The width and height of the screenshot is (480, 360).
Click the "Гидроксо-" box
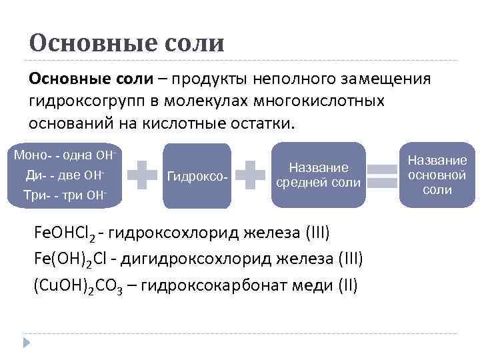tap(197, 177)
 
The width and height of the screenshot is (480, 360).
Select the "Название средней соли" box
tap(319, 175)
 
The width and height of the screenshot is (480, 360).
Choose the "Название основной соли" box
tap(437, 175)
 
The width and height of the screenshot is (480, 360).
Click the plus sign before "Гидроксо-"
tap(142, 175)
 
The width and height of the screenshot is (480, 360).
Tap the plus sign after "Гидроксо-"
tap(251, 175)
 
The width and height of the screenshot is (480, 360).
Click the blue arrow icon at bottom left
tap(27, 342)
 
